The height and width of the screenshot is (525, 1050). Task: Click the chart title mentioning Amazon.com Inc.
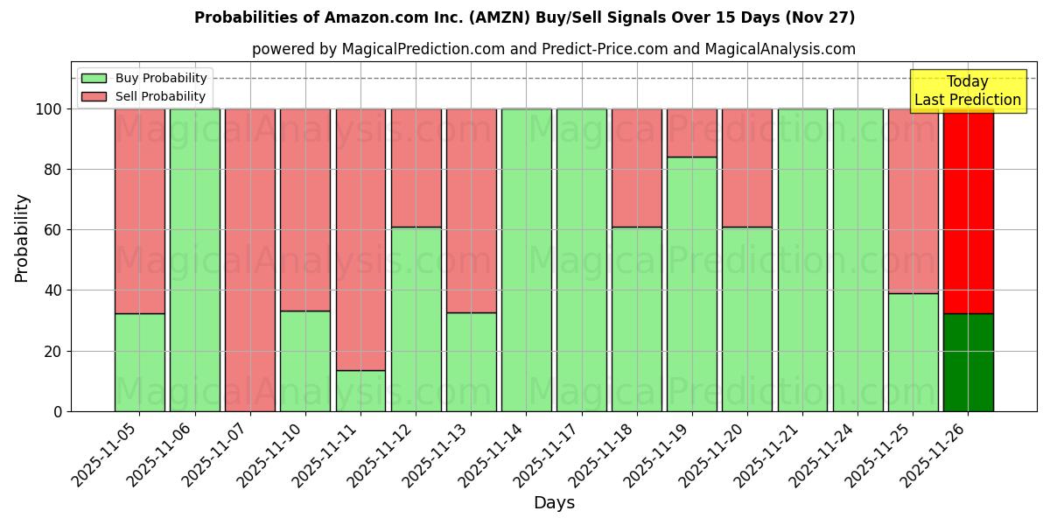pos(524,17)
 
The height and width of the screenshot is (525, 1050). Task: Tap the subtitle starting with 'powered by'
pos(553,49)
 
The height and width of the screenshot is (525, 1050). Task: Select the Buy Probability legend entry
pos(161,78)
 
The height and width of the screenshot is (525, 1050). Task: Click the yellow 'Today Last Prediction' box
pos(967,91)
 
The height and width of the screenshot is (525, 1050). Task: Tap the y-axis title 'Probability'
pos(22,237)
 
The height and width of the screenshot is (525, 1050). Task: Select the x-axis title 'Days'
pos(554,502)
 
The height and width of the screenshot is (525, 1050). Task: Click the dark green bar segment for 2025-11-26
pos(968,362)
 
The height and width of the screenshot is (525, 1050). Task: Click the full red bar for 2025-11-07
pos(250,260)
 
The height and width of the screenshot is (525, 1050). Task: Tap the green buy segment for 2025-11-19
pos(691,283)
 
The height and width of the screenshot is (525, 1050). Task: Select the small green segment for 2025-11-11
pos(360,390)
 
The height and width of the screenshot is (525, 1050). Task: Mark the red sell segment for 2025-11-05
pos(139,211)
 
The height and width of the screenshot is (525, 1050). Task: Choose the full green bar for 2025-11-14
pos(526,260)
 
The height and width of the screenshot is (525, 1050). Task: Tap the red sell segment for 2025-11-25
pos(913,200)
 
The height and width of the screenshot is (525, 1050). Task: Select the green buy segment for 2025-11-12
pos(416,318)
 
